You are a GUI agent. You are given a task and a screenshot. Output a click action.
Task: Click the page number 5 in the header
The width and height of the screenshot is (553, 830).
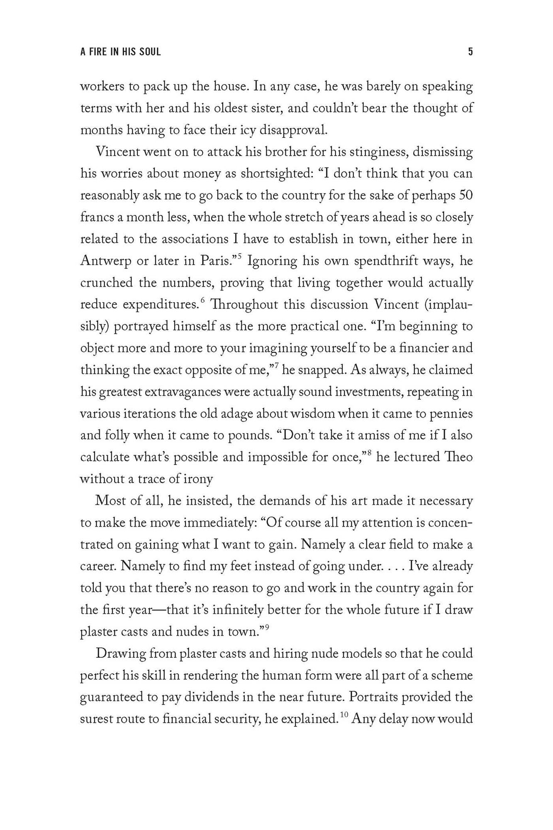tap(470, 52)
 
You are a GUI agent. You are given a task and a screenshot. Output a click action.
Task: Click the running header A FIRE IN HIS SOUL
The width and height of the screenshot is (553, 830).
tap(120, 52)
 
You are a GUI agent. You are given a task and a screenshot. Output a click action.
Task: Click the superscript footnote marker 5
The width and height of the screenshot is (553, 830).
tap(239, 257)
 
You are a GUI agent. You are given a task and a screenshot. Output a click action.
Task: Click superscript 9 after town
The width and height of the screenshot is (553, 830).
tap(268, 627)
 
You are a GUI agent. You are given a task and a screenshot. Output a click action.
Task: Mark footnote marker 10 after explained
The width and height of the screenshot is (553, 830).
tap(344, 714)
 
